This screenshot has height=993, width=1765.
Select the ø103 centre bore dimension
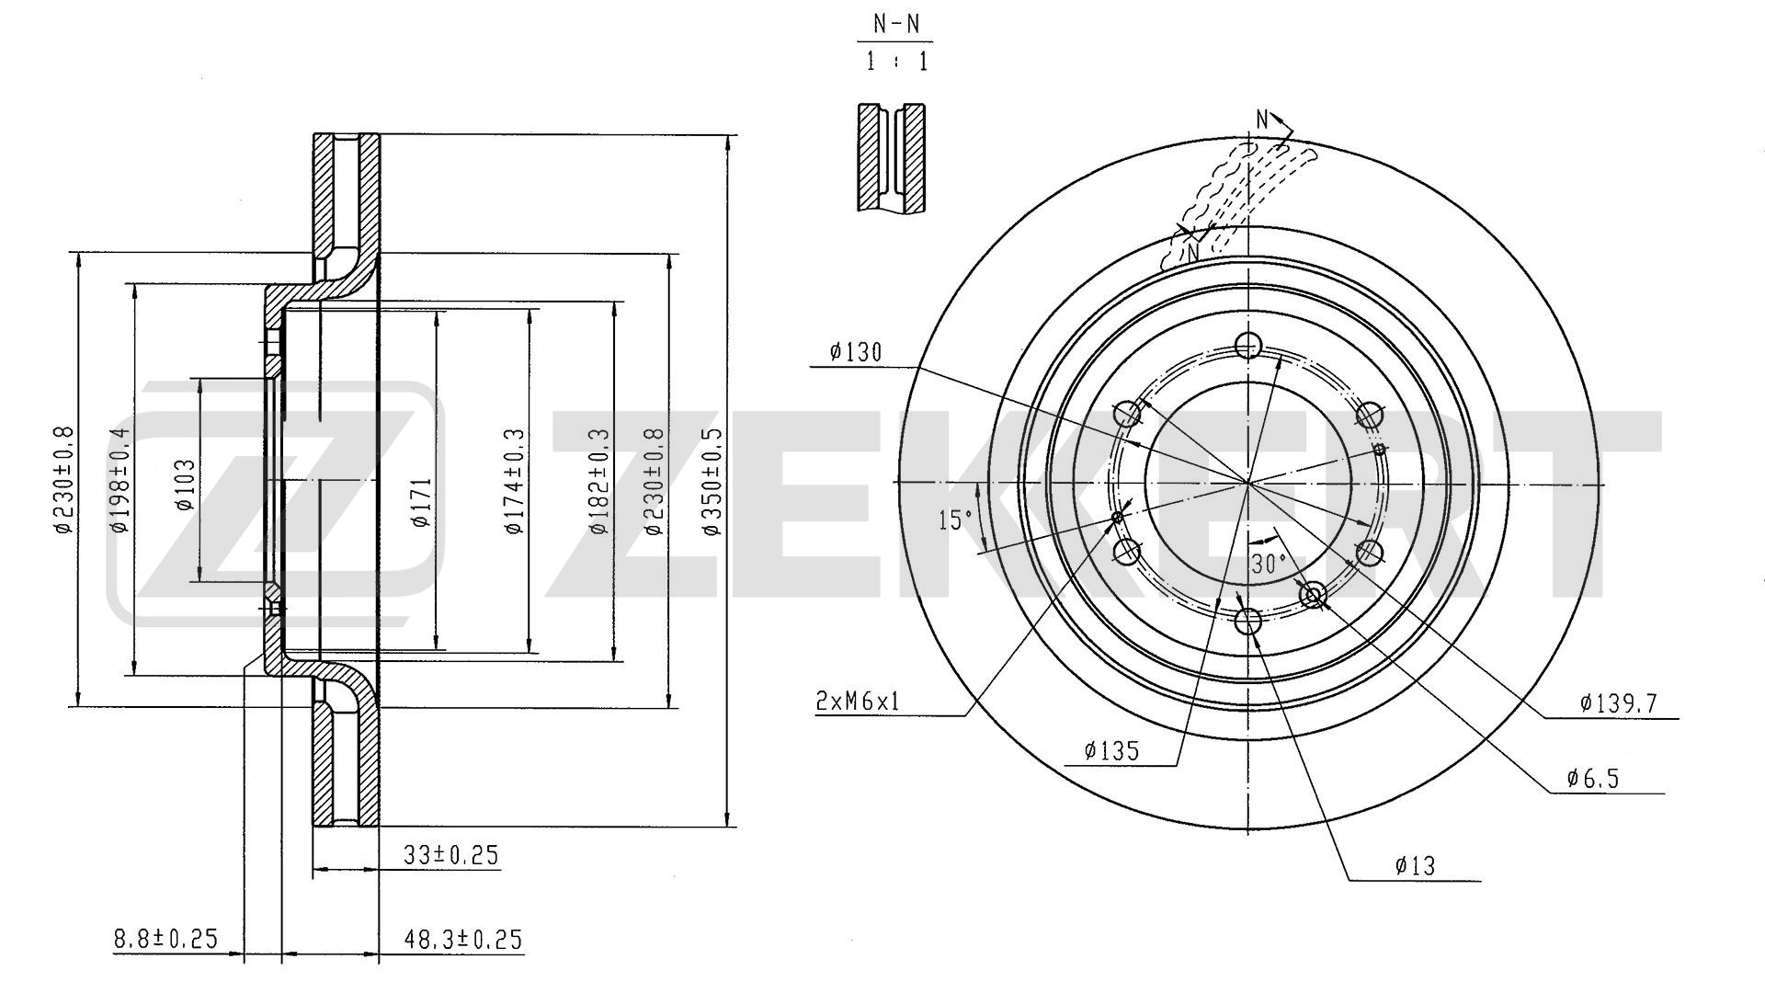pyautogui.click(x=186, y=485)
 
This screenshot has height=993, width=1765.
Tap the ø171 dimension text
pyautogui.click(x=421, y=502)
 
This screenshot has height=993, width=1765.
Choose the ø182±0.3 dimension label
pyautogui.click(x=599, y=481)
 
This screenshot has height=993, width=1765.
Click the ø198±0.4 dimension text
pyautogui.click(x=120, y=480)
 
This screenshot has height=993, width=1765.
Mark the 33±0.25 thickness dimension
pyautogui.click(x=450, y=855)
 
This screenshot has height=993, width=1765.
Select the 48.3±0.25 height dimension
pyautogui.click(x=464, y=939)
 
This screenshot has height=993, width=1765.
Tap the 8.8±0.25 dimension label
pyautogui.click(x=165, y=939)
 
